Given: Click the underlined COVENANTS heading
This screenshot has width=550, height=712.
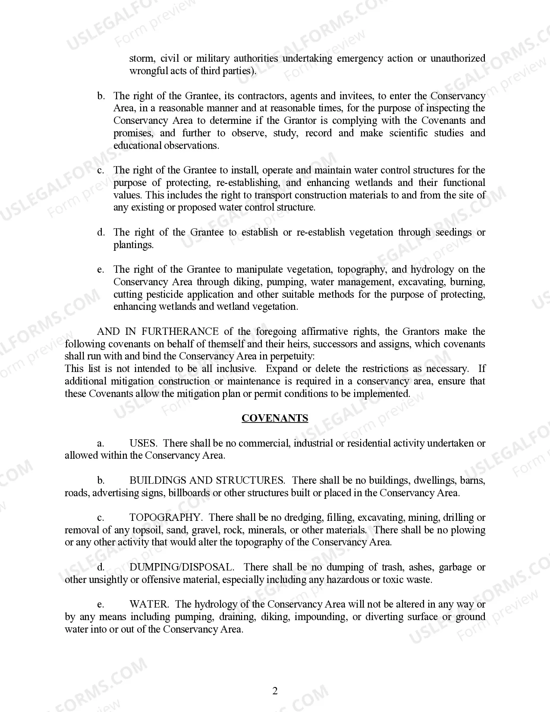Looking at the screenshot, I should [275, 418].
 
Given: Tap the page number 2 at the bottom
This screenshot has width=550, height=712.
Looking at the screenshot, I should [275, 691].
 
